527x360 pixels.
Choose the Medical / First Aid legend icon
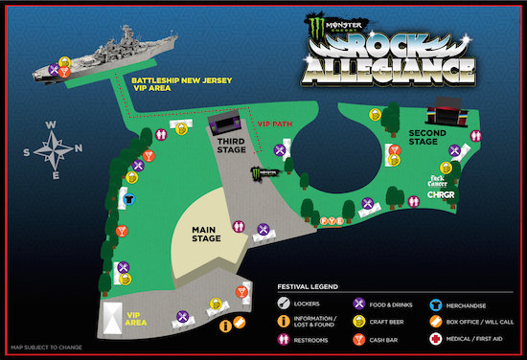pyautogui.click(x=436, y=338)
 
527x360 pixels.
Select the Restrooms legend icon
pyautogui.click(x=286, y=338)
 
